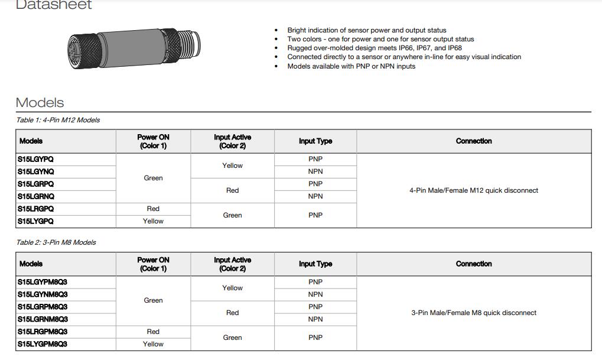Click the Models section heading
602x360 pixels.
(x=40, y=102)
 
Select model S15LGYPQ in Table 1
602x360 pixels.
(x=40, y=159)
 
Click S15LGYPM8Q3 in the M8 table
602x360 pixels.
(x=43, y=282)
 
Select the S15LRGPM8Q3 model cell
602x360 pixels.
(x=43, y=332)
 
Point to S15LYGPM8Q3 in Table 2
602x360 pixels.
(x=43, y=344)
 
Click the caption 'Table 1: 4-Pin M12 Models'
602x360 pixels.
(x=58, y=120)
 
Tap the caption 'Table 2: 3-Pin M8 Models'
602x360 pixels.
(x=56, y=242)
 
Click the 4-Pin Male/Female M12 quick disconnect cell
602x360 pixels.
(x=474, y=190)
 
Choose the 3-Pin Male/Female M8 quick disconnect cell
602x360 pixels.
(x=474, y=313)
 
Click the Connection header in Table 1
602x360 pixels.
(x=474, y=141)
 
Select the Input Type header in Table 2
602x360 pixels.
(x=315, y=264)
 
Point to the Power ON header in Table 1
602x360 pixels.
(x=153, y=141)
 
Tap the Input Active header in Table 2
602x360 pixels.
(x=232, y=264)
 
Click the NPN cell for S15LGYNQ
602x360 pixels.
(x=315, y=171)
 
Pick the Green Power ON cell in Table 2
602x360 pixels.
(x=153, y=300)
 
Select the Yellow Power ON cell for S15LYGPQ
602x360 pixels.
(x=153, y=221)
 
